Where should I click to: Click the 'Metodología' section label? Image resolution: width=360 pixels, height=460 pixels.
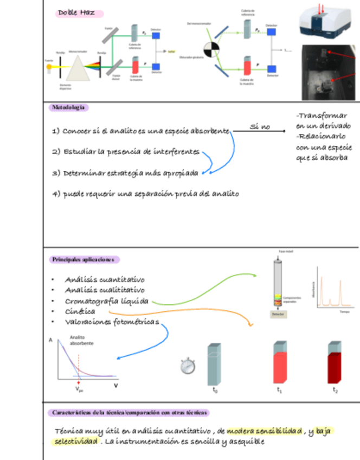[68, 108]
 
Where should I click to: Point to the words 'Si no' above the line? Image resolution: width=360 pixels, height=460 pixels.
[259, 127]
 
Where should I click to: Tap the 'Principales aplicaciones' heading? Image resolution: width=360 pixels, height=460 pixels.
[83, 260]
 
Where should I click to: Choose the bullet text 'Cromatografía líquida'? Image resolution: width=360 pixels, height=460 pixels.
[107, 301]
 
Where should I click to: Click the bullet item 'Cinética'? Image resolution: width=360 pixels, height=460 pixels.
[80, 312]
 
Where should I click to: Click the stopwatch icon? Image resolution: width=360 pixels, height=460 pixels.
[188, 367]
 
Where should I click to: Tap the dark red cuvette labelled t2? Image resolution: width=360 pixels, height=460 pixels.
[335, 363]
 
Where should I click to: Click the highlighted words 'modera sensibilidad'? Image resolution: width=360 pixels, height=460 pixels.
[264, 431]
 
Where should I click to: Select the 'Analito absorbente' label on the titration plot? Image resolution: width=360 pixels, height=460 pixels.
[81, 341]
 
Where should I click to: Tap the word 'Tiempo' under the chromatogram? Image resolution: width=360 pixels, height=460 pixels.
[344, 312]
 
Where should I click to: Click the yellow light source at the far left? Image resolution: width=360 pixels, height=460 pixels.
[49, 66]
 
